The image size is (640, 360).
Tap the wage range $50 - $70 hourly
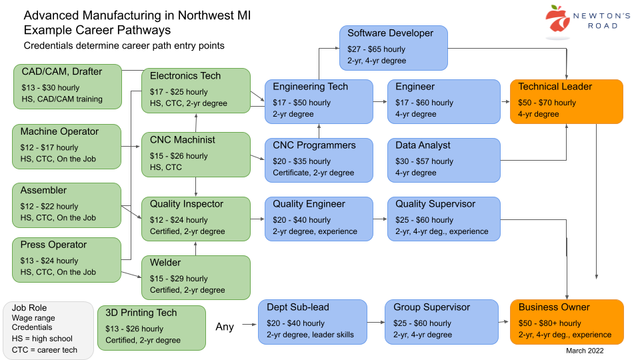547,103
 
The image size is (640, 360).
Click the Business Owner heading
554,307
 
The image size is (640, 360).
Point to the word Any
225,327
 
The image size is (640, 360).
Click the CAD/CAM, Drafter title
61,72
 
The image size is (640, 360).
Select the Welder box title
165,263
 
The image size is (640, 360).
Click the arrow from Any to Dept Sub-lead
249,325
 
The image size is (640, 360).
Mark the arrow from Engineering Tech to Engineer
379,103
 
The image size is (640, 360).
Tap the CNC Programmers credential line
313,173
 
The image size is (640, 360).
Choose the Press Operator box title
54,245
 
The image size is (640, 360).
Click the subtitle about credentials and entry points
124,46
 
